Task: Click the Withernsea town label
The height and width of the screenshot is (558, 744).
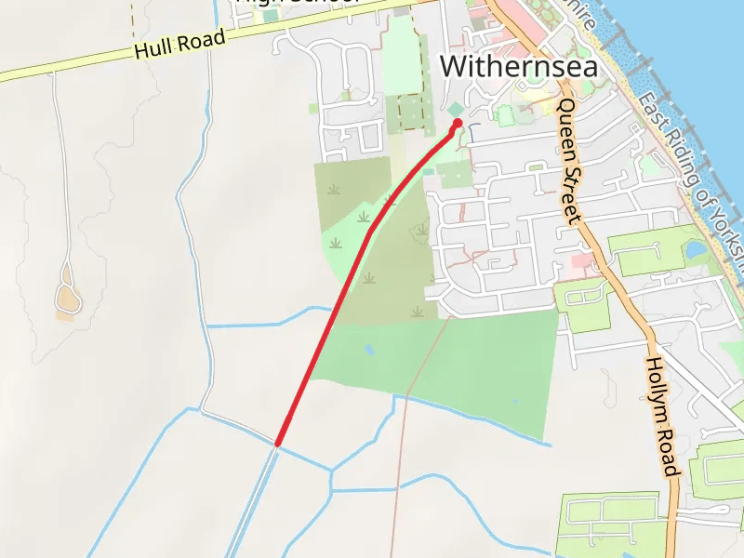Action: pyautogui.click(x=518, y=66)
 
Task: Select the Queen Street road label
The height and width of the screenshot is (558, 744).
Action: pyautogui.click(x=568, y=161)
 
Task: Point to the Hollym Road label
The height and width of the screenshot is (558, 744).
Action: pyautogui.click(x=664, y=418)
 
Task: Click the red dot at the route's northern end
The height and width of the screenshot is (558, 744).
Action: pyautogui.click(x=458, y=123)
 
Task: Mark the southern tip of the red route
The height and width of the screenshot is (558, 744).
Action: pyautogui.click(x=277, y=444)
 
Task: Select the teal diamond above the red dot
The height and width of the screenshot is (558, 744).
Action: pyautogui.click(x=455, y=109)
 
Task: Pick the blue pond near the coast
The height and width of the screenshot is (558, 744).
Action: pyautogui.click(x=695, y=249)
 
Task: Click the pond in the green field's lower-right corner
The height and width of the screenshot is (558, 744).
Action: pyautogui.click(x=514, y=402)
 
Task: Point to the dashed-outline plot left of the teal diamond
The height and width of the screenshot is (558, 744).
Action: pyautogui.click(x=410, y=112)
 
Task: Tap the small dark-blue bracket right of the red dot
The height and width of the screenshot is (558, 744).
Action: pyautogui.click(x=472, y=133)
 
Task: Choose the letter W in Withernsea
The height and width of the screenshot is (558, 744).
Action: pyautogui.click(x=453, y=66)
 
